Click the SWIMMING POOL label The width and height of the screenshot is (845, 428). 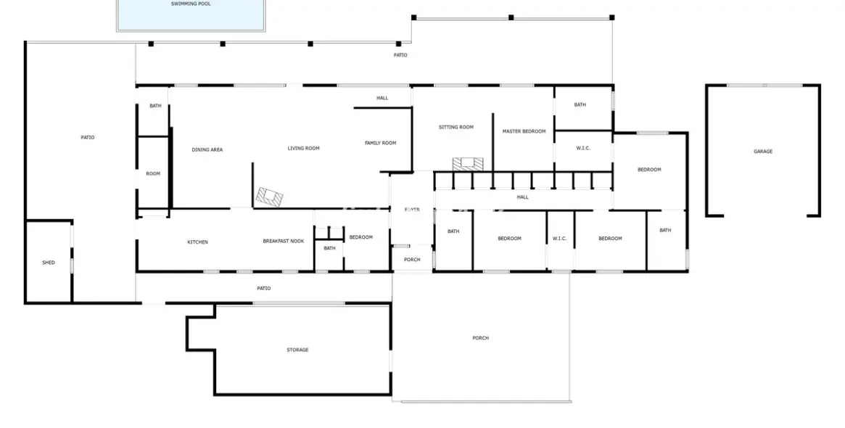click(x=191, y=4)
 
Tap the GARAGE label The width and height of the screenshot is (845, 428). click(x=762, y=152)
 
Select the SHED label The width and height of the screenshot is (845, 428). click(x=49, y=263)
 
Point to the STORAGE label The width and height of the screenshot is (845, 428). click(x=297, y=350)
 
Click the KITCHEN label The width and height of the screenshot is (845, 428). click(x=197, y=242)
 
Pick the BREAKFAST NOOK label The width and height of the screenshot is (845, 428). click(x=283, y=241)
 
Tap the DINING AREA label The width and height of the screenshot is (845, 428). click(x=207, y=149)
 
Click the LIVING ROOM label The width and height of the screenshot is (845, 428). click(x=303, y=149)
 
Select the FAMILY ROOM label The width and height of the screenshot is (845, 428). click(x=380, y=143)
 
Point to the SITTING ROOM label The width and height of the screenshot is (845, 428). click(x=456, y=127)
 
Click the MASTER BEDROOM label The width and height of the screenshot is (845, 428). click(x=524, y=131)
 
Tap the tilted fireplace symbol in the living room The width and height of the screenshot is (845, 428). click(x=269, y=196)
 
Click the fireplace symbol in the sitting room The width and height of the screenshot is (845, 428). click(x=466, y=164)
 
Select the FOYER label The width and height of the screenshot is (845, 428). click(x=412, y=210)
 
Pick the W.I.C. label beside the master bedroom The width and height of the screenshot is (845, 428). click(x=583, y=148)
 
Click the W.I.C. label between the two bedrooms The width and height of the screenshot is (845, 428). click(x=559, y=239)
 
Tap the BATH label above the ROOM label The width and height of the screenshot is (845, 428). click(x=155, y=106)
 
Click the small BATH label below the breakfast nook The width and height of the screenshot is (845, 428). click(x=329, y=249)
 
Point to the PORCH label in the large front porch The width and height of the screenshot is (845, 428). click(x=480, y=338)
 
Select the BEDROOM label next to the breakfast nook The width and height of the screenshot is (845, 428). click(x=360, y=237)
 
